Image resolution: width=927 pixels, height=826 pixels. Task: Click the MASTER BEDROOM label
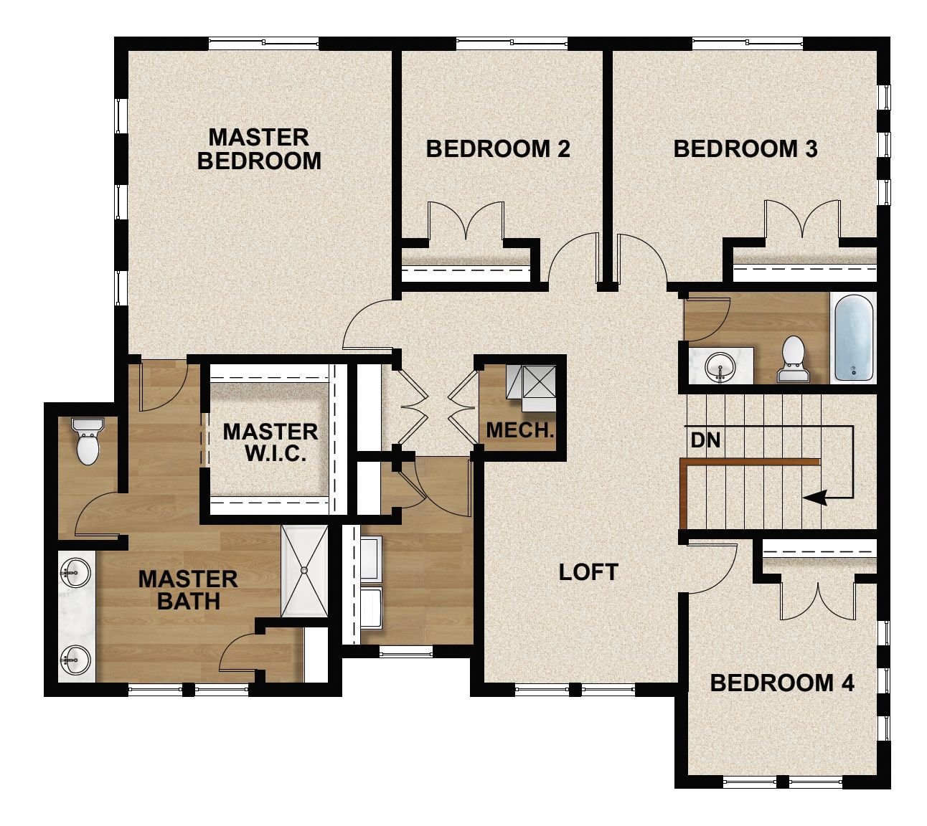pyautogui.click(x=259, y=149)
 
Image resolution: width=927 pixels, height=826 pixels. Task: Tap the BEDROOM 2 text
pyautogui.click(x=498, y=149)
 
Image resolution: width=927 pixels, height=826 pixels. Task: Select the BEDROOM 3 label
pyautogui.click(x=745, y=149)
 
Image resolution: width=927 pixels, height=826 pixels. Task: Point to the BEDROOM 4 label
pyautogui.click(x=782, y=683)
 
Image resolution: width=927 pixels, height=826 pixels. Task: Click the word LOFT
pyautogui.click(x=588, y=572)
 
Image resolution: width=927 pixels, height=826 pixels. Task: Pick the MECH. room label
pyautogui.click(x=519, y=430)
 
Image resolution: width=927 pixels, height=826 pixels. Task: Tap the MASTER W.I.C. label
pyautogui.click(x=270, y=442)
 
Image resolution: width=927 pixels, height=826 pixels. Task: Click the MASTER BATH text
pyautogui.click(x=188, y=590)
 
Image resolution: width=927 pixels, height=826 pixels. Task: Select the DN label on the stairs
pyautogui.click(x=705, y=440)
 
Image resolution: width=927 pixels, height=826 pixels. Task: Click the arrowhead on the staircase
pyautogui.click(x=815, y=497)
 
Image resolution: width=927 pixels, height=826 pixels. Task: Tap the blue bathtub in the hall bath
pyautogui.click(x=854, y=338)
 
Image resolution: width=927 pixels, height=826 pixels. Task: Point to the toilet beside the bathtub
pyautogui.click(x=793, y=359)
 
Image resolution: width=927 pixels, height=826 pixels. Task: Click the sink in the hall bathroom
pyautogui.click(x=720, y=366)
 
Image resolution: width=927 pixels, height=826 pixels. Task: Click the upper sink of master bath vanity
pyautogui.click(x=75, y=573)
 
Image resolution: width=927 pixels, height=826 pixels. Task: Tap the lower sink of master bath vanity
pyautogui.click(x=75, y=660)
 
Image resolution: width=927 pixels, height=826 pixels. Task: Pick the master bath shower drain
pyautogui.click(x=304, y=570)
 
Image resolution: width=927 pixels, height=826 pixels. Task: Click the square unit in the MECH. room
pyautogui.click(x=540, y=381)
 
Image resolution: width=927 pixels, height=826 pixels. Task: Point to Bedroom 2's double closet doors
pyautogui.click(x=466, y=221)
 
